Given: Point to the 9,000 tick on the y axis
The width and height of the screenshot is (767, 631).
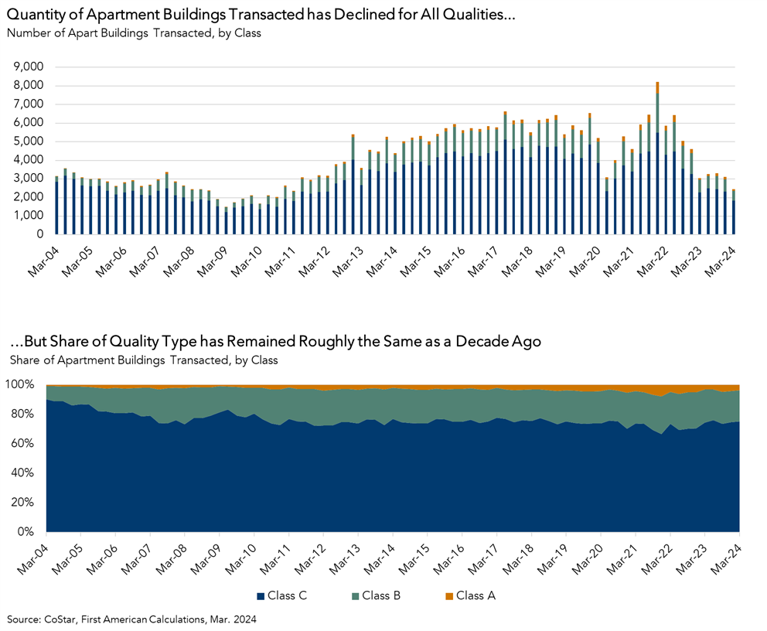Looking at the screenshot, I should click(29, 67).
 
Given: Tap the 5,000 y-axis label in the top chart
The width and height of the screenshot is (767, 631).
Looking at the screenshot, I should click(29, 142).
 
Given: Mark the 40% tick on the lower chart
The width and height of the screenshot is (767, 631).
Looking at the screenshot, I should click(26, 473).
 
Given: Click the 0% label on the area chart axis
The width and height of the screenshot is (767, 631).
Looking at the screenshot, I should click(29, 533).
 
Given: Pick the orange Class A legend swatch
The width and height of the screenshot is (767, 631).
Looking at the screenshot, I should click(448, 595).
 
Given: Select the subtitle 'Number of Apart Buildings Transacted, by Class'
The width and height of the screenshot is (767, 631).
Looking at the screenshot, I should click(134, 32).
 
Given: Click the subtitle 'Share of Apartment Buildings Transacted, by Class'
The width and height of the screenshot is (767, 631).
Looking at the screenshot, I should click(143, 360).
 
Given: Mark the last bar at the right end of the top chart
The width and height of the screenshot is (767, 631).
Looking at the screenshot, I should click(734, 213).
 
